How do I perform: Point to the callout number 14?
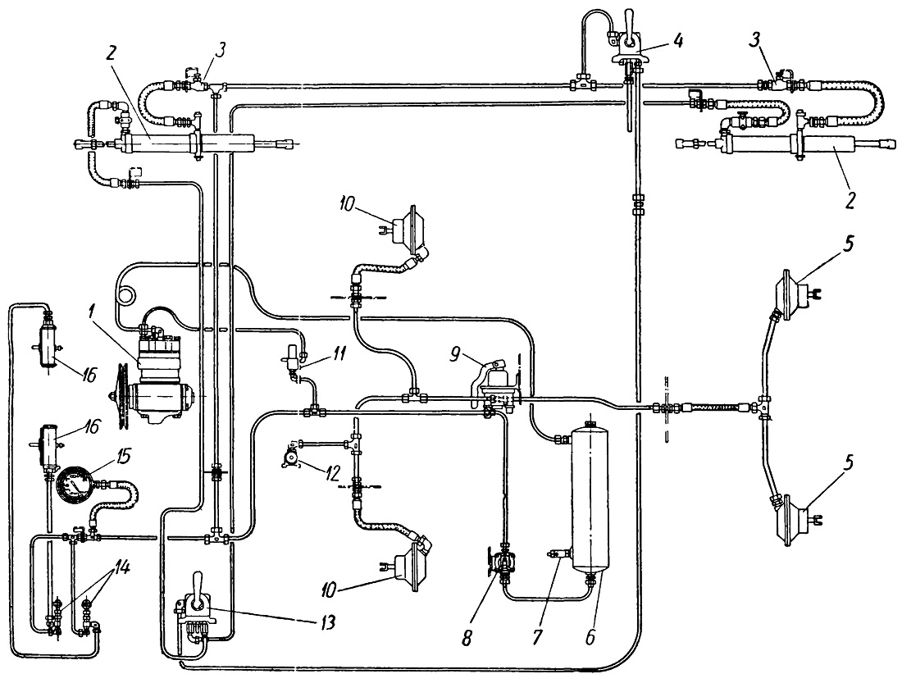[x=121, y=568]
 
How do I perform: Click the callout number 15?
[x=122, y=457]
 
